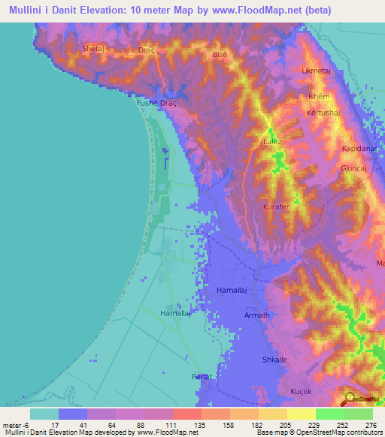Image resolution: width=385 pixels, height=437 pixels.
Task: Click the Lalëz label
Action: click(271, 140)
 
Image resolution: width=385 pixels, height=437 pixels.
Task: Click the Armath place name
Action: click(256, 315)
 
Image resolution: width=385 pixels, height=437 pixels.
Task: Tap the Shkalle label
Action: click(274, 359)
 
